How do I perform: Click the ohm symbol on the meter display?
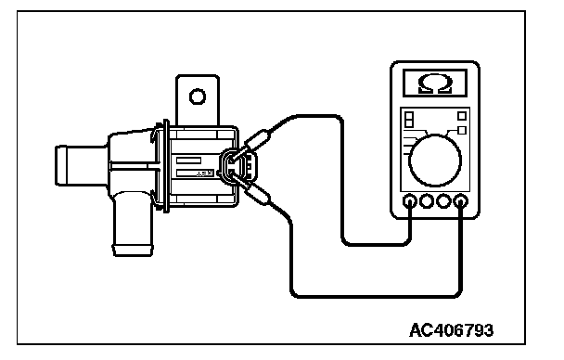tap(434, 84)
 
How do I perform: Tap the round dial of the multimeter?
tap(435, 161)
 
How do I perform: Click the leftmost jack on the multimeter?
tap(410, 201)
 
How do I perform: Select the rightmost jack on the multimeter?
tap(461, 201)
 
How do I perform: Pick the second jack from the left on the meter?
tap(427, 201)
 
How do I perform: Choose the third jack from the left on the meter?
tap(443, 201)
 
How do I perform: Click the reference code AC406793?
tap(452, 330)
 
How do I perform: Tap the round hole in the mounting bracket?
tap(198, 96)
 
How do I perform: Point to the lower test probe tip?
tap(232, 175)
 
